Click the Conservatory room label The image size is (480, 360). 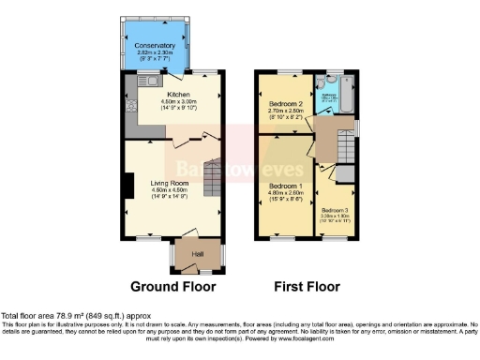pos(155,46)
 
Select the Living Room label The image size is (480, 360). pos(172,183)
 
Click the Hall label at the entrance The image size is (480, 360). pos(198,253)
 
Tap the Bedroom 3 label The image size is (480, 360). pos(335,210)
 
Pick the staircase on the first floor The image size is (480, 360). pos(346,147)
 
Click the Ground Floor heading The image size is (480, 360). pos(172,287)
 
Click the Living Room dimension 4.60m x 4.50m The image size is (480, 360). pos(172,190)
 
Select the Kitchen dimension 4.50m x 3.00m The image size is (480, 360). pos(180,102)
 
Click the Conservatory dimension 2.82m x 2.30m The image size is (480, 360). pos(155,53)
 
